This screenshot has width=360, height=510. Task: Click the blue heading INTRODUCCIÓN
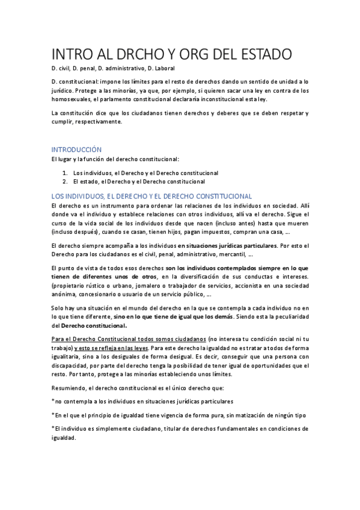pyautogui.click(x=76, y=149)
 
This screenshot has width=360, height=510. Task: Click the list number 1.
pyautogui.click(x=65, y=173)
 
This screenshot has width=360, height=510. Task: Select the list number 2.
pyautogui.click(x=65, y=181)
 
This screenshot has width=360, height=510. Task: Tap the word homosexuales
pyautogui.click(x=70, y=99)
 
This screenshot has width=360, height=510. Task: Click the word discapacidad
pyautogui.click(x=70, y=364)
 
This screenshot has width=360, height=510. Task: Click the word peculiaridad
pyautogui.click(x=290, y=316)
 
